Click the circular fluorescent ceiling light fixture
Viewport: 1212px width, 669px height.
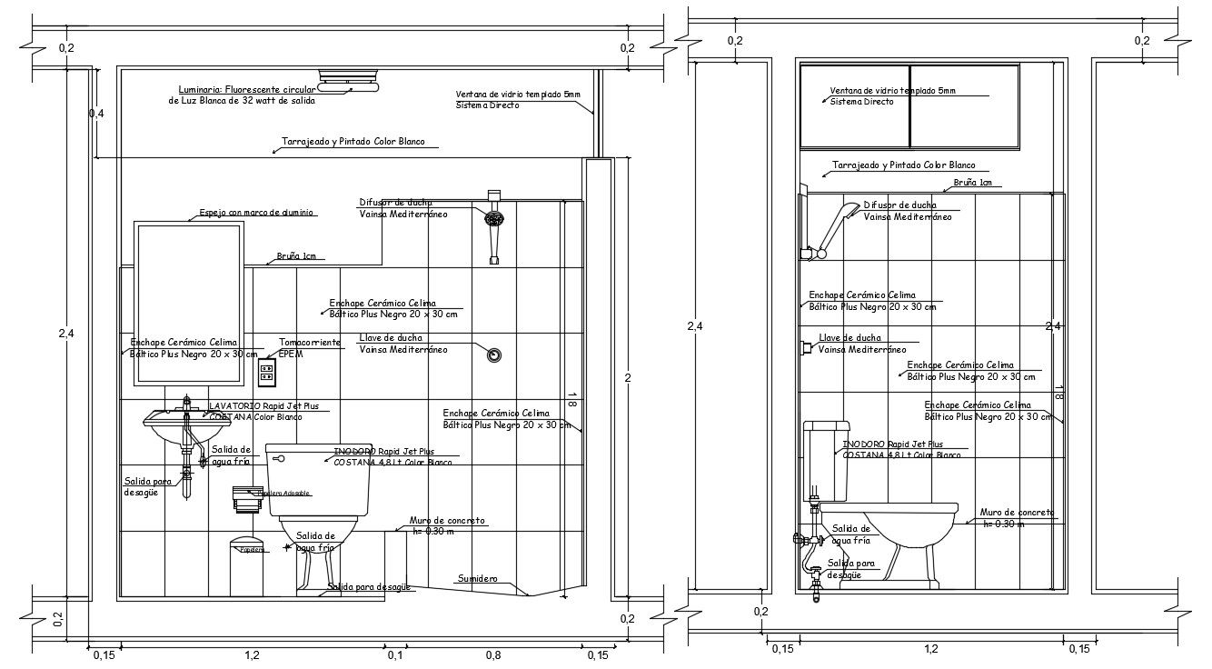click(x=349, y=81)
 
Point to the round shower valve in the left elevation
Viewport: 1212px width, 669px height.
click(x=493, y=354)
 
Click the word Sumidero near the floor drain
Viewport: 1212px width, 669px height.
click(x=477, y=578)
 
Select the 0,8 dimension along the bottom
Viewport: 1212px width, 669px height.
click(x=492, y=654)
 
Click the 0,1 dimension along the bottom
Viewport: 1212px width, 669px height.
click(x=394, y=654)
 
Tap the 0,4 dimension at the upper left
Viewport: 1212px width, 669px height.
click(x=96, y=114)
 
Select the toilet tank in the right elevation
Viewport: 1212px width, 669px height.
click(x=827, y=461)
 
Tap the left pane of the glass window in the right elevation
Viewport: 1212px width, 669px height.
click(x=854, y=105)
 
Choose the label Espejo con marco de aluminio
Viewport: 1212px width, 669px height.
click(x=257, y=212)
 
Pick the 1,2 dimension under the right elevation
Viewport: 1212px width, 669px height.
click(x=931, y=649)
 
